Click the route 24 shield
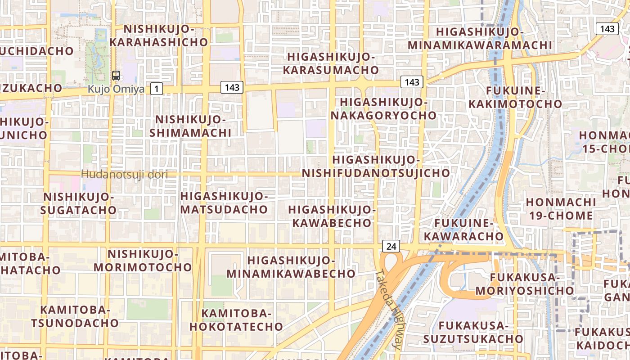391,246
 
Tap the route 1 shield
156,89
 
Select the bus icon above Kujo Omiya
116,76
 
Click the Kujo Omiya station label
116,89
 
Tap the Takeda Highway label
390,309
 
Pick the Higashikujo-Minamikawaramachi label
480,39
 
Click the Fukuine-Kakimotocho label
516,98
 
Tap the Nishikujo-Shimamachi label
190,126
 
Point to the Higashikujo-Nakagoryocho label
384,108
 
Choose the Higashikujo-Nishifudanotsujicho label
376,166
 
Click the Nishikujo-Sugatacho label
79,203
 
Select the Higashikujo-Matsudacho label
224,202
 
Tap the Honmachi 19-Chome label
561,208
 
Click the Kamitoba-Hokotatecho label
236,320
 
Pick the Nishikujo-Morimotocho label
143,261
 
